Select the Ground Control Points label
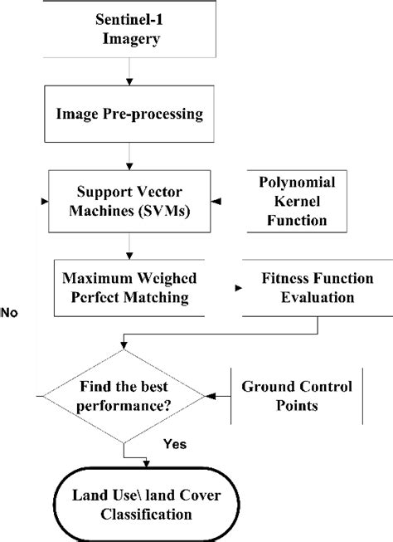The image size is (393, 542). coord(296,395)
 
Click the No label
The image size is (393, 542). coord(11,313)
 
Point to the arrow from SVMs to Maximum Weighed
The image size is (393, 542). coord(127,249)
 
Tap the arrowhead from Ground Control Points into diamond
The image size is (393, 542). coord(209,396)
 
